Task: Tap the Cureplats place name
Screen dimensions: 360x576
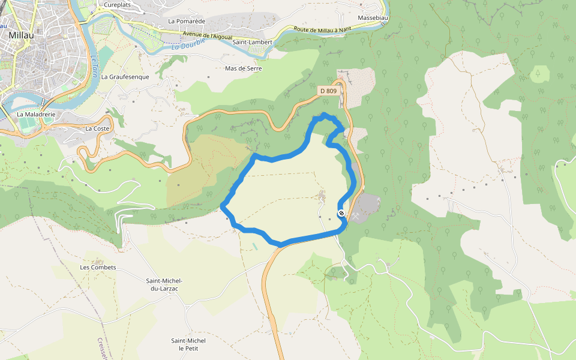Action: tap(117, 5)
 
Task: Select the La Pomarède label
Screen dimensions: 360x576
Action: tap(187, 21)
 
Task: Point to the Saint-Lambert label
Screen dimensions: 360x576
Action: tap(252, 43)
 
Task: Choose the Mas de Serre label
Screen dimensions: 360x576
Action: tap(243, 68)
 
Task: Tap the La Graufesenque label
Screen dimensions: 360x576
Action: tap(125, 77)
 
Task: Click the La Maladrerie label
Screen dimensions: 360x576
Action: tap(36, 114)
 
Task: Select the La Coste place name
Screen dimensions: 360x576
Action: tap(97, 128)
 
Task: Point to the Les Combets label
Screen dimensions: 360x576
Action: tap(98, 267)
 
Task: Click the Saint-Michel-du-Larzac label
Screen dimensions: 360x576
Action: tap(164, 284)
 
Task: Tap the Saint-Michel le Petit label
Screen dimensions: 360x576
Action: tap(188, 344)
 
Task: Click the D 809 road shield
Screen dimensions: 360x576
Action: tap(328, 91)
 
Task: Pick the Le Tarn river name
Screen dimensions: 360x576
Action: tap(94, 67)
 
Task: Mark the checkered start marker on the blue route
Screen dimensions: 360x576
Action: tap(341, 213)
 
